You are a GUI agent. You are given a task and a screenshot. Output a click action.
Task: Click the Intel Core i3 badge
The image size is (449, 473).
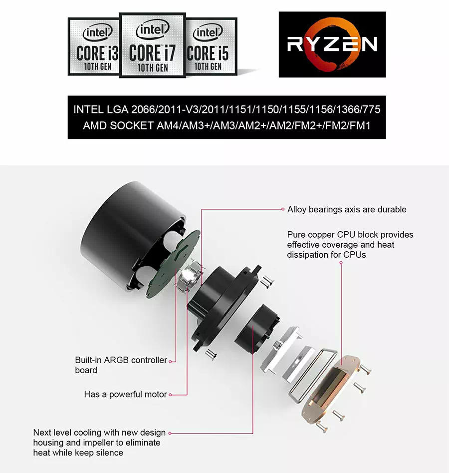click(94, 46)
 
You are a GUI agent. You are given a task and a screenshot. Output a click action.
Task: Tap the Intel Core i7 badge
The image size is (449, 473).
click(153, 45)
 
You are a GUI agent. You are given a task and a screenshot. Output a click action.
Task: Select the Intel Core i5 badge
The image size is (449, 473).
click(212, 46)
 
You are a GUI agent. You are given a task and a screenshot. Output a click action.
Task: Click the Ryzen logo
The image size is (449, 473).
click(332, 44)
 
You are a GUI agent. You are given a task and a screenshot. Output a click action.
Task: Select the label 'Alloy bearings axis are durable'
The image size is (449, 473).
click(347, 209)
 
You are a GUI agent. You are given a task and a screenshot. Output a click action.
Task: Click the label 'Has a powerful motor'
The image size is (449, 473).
click(125, 394)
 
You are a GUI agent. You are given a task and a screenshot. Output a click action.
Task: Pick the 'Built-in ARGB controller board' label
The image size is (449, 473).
click(121, 365)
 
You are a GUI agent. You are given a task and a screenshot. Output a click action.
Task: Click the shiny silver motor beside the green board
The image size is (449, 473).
click(188, 276)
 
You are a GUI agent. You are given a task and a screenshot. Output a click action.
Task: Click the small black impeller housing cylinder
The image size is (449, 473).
click(256, 329)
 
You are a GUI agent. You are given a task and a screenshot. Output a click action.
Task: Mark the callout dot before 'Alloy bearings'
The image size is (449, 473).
click(283, 209)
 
